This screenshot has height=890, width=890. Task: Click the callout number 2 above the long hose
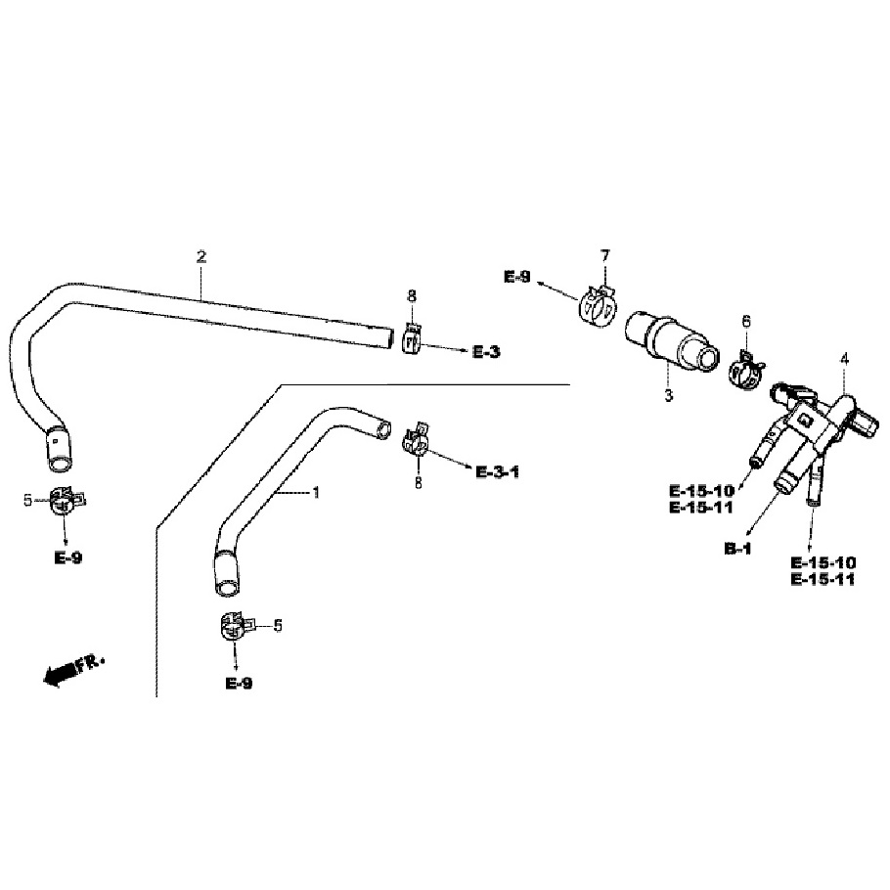pos(201,257)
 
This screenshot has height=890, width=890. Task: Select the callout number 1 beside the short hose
pos(315,493)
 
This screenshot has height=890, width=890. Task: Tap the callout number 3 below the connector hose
pos(669,395)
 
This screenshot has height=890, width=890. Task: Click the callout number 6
pos(746,321)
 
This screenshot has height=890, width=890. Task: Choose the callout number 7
pos(604,256)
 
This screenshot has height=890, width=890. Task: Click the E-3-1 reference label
pos(497,472)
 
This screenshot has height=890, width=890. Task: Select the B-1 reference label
pos(737,549)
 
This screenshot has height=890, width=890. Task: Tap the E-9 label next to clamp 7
pos(518,278)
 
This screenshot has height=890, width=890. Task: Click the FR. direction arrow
pos(74,669)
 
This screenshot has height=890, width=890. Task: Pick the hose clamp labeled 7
pos(597,305)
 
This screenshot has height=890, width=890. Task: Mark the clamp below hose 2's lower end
pos(64,501)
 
